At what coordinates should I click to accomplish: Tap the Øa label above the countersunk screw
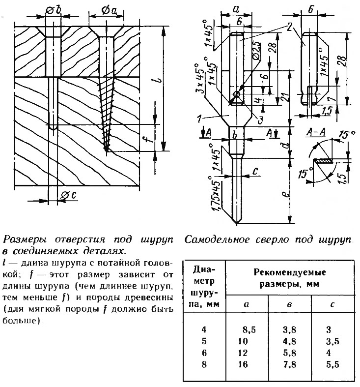109,10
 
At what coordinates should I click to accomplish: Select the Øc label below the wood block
69,196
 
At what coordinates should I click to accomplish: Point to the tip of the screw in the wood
106,149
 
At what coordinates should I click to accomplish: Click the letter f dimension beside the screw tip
150,140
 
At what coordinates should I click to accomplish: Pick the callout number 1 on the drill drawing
199,119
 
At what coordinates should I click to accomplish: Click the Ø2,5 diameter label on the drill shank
257,51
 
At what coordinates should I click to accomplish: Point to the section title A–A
316,133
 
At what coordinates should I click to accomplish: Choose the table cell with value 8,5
249,330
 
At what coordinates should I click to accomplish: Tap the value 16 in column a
243,364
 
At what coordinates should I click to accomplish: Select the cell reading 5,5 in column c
332,364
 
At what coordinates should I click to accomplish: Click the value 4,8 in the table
289,341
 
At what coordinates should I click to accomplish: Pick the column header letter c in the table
332,304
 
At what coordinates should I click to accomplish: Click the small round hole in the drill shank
237,94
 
